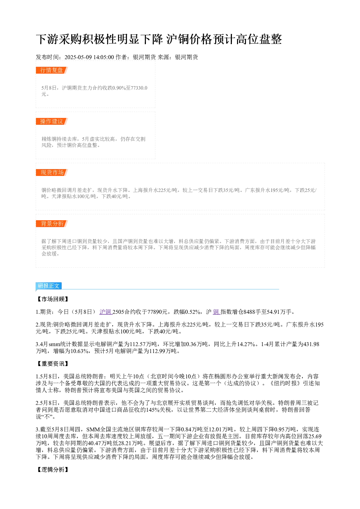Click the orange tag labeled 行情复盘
[52, 70]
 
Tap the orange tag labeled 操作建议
[52, 121]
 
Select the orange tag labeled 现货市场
[52, 172]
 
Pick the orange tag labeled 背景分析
[52, 223]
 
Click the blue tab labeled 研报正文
[49, 286]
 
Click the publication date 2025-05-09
[78, 57]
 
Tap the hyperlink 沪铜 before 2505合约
[105, 312]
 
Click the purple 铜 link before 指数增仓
[216, 312]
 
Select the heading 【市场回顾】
[53, 299]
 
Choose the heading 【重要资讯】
[53, 364]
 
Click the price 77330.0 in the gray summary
[138, 88]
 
